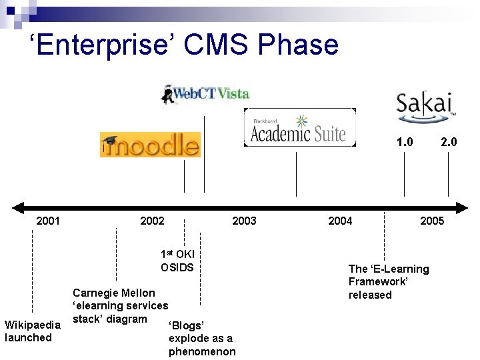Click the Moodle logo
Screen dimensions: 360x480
pos(150,145)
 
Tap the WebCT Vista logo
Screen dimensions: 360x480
pos(205,93)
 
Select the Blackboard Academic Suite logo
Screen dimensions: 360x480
pos(299,127)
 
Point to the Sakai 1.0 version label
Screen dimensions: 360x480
pos(404,142)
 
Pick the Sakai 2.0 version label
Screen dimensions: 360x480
pos(448,142)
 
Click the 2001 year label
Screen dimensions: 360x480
pos(48,221)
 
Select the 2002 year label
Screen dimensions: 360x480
pos(152,221)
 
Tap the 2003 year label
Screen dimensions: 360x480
pos(244,221)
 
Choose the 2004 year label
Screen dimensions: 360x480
pos(340,221)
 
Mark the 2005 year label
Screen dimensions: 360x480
pos(432,221)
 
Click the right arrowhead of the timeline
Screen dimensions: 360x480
pos(461,207)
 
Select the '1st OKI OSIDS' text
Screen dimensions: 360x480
pos(177,261)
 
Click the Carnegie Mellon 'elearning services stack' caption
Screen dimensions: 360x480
pos(120,305)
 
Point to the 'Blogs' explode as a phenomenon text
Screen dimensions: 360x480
pos(201,338)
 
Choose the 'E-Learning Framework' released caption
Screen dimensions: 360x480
pos(389,281)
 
